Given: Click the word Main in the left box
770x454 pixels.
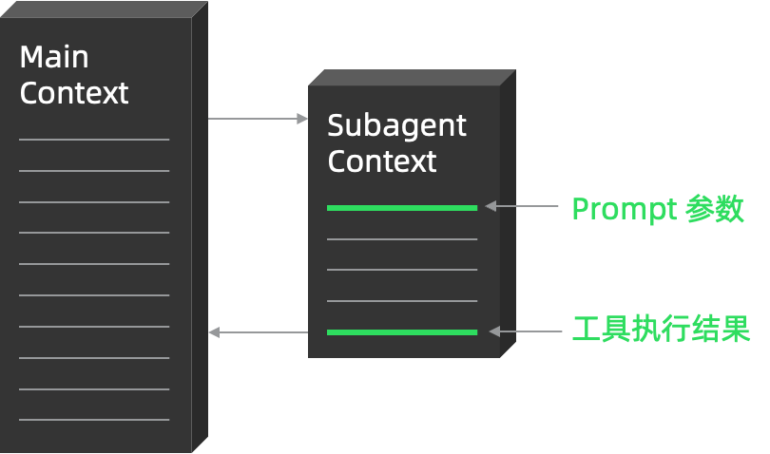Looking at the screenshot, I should [54, 57].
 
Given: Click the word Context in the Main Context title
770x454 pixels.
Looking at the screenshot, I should [74, 93].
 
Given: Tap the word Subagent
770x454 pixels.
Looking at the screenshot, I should [396, 125].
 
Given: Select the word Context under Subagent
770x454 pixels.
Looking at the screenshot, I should [382, 161].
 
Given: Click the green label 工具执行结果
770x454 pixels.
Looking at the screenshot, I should [661, 330].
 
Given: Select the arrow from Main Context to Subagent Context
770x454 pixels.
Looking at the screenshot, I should [258, 119].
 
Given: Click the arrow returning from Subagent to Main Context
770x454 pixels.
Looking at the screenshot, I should [258, 332].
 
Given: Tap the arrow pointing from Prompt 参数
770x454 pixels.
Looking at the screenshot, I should [522, 205].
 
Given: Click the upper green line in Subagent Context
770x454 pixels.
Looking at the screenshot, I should [402, 207].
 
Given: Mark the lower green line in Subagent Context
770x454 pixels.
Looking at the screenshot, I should [402, 332].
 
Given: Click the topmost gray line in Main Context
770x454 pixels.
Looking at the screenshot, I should [94, 140].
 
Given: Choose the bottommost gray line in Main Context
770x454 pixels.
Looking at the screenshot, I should [94, 420].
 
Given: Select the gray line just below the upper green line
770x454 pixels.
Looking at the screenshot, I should [402, 239].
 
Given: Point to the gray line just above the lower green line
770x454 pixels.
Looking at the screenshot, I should [402, 301].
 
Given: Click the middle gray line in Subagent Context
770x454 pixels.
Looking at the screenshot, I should [402, 270].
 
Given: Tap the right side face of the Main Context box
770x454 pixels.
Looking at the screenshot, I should [200, 228].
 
